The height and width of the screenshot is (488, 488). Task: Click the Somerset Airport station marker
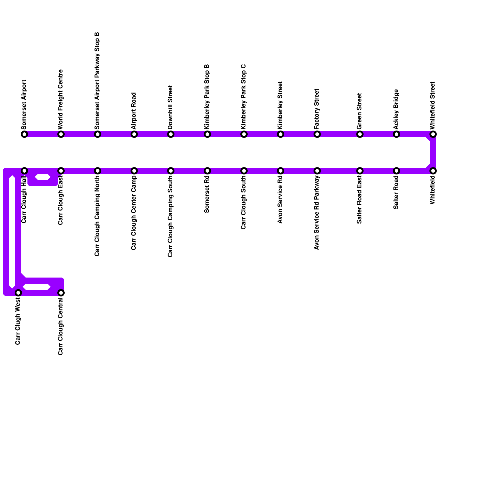pyautogui.click(x=24, y=134)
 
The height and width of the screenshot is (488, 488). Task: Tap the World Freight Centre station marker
pyautogui.click(x=61, y=134)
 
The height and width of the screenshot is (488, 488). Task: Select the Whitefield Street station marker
pyautogui.click(x=433, y=134)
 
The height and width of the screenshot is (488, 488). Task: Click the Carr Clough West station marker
pyautogui.click(x=18, y=293)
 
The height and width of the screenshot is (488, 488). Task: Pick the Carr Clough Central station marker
pyautogui.click(x=61, y=293)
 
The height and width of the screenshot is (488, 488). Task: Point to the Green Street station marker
pyautogui.click(x=360, y=134)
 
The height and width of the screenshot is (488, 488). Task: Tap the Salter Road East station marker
pyautogui.click(x=360, y=171)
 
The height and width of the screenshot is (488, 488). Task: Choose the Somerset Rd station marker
pyautogui.click(x=207, y=171)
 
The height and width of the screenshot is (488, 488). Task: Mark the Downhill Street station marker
pyautogui.click(x=171, y=134)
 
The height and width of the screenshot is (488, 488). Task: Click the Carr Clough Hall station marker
pyautogui.click(x=24, y=171)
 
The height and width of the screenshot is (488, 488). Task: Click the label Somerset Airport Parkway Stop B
pyautogui.click(x=97, y=81)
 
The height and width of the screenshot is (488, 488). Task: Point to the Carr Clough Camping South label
pyautogui.click(x=170, y=217)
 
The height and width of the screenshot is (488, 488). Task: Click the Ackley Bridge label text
pyautogui.click(x=396, y=109)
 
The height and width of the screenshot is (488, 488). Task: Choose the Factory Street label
pyautogui.click(x=317, y=109)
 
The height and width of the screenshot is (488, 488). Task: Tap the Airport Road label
pyautogui.click(x=134, y=110)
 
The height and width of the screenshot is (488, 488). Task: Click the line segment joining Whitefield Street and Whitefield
pyautogui.click(x=433, y=152)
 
